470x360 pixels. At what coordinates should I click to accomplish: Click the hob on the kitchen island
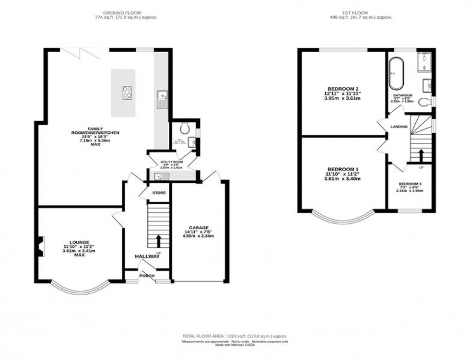[x=128, y=92]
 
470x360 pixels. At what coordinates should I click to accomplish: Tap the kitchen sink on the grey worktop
[x=161, y=100]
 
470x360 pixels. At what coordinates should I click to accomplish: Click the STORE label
[x=159, y=193]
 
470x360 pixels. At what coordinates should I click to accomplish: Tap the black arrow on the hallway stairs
[x=159, y=240]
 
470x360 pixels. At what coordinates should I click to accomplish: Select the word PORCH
[x=147, y=276]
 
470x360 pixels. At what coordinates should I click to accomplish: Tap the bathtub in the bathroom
[x=396, y=73]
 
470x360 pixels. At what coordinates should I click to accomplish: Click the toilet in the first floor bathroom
[x=423, y=102]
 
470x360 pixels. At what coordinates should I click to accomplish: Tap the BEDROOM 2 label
[x=343, y=89]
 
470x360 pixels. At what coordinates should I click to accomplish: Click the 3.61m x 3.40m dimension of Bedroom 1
[x=343, y=178]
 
